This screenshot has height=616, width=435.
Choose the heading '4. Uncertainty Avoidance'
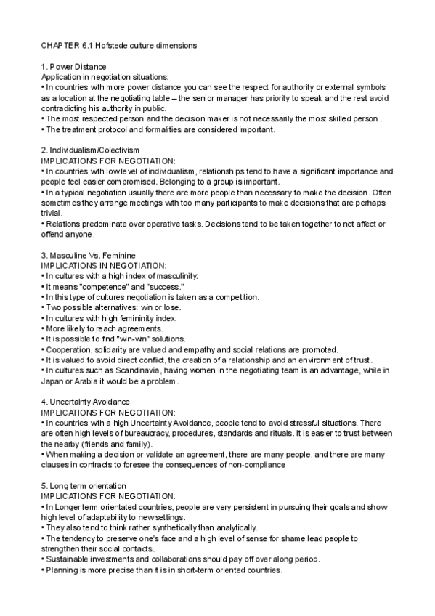(85, 402)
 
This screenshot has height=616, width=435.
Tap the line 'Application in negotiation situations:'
(105, 77)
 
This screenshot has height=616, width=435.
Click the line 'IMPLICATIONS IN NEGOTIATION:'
(104, 267)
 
